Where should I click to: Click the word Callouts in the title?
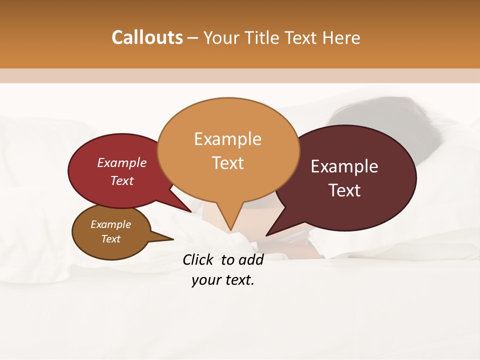point(147,37)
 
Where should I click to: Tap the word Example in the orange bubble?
point(227,139)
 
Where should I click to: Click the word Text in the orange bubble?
point(227,163)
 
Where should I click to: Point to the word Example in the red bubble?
point(121,163)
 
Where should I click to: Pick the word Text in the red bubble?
point(121,181)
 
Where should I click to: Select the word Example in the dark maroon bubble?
point(344,166)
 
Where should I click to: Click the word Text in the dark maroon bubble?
point(344,190)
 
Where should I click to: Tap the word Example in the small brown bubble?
point(110,224)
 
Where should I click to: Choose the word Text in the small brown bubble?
point(110,239)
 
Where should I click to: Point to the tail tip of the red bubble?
point(190,211)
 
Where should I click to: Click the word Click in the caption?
point(197,259)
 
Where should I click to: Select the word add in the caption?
point(250,259)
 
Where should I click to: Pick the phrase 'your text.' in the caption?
point(222,280)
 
